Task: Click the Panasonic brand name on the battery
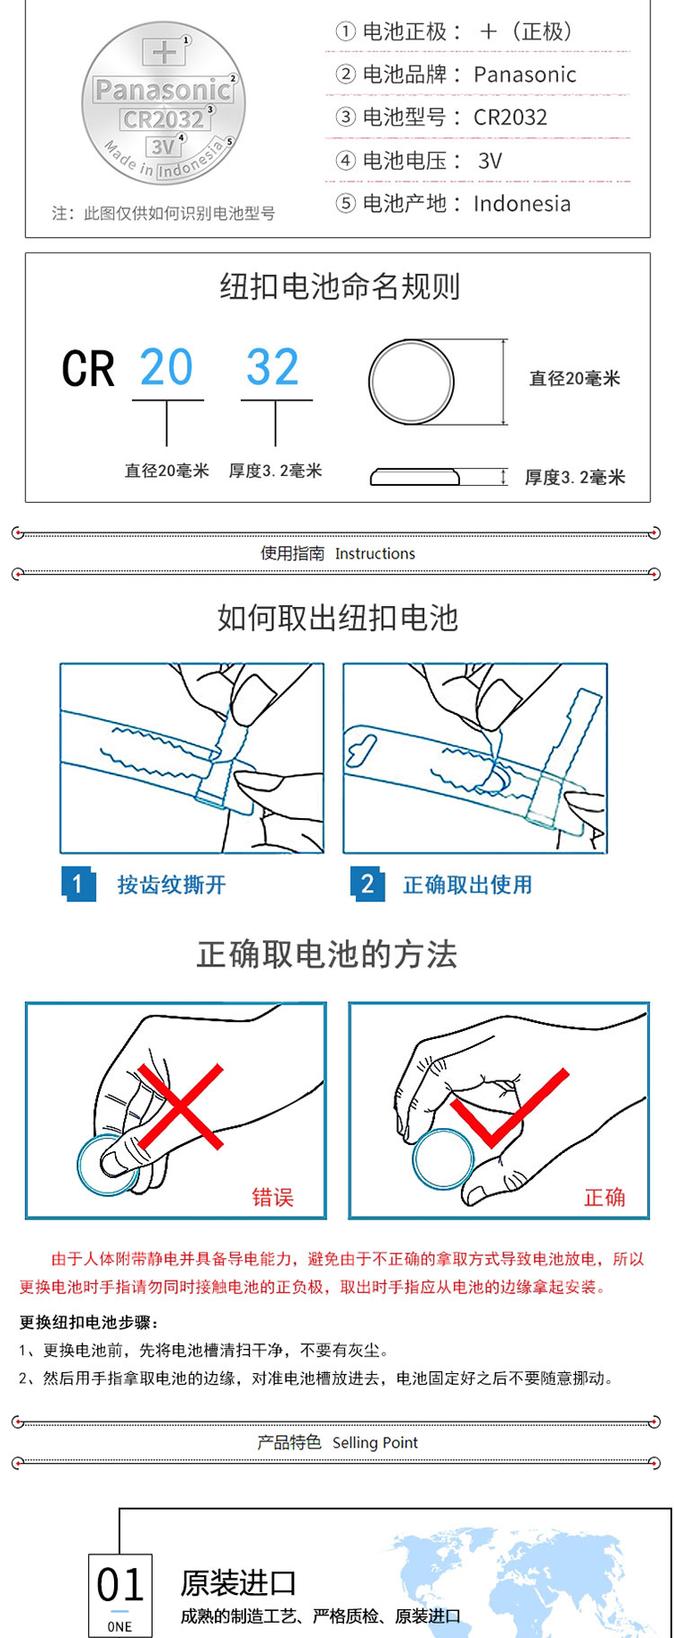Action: [x=163, y=90]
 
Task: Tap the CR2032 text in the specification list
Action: [x=510, y=118]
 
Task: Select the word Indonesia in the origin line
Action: [x=522, y=204]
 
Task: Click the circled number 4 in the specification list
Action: [x=346, y=161]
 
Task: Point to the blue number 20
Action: [x=166, y=367]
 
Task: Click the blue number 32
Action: [x=272, y=367]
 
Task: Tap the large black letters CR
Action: [x=88, y=369]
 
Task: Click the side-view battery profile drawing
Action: [x=414, y=477]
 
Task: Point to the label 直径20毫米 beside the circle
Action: [x=575, y=379]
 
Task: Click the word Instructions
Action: [x=375, y=554]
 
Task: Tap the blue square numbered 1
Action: [x=78, y=885]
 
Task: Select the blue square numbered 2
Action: [x=368, y=885]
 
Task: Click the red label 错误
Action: [x=273, y=1197]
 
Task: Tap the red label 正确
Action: [x=605, y=1197]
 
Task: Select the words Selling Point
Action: [x=375, y=1443]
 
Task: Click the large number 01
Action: [x=120, y=1587]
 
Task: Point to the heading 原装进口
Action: [x=238, y=1582]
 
